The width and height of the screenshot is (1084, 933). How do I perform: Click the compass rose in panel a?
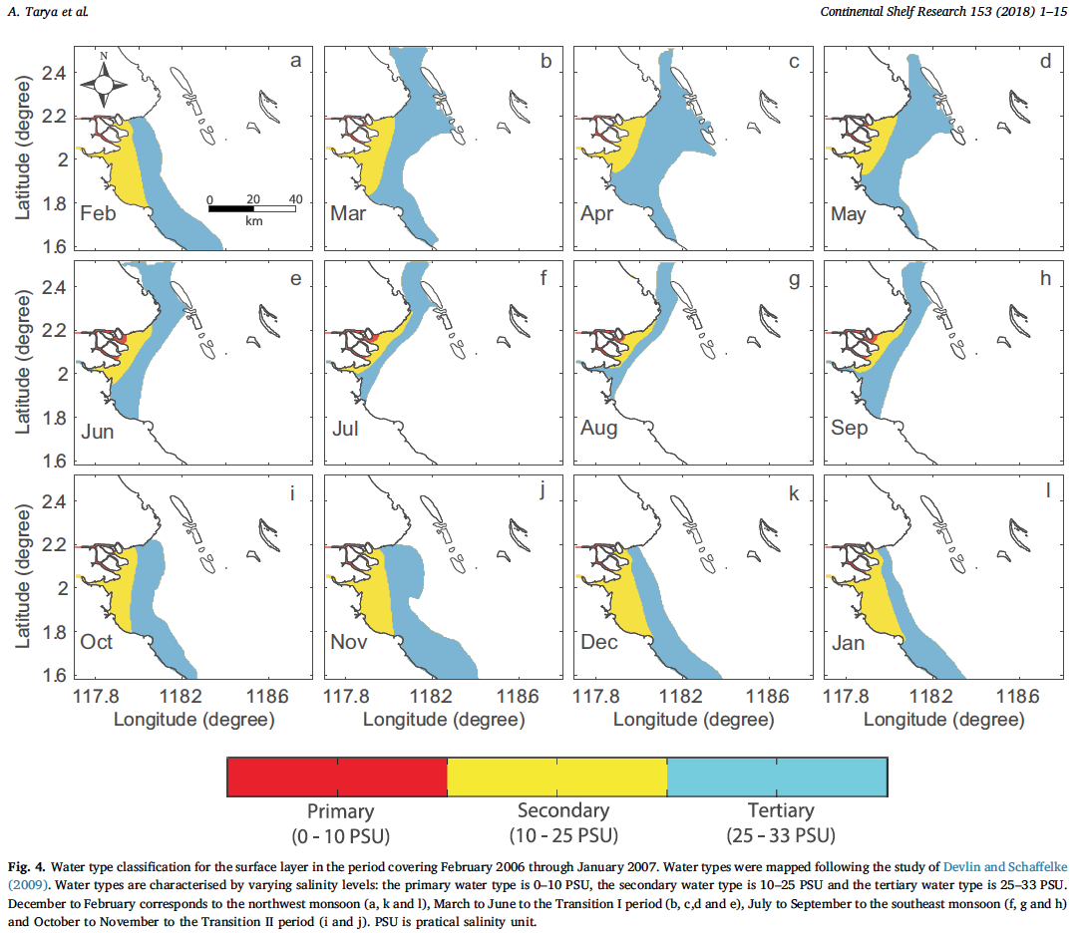click(x=104, y=84)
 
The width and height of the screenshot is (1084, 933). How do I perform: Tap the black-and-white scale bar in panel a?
click(x=251, y=207)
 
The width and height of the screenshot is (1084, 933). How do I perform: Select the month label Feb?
click(x=97, y=213)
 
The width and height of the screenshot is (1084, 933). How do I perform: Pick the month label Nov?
click(x=349, y=642)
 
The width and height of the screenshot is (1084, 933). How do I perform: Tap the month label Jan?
click(x=849, y=642)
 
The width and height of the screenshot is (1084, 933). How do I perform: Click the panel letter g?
click(x=794, y=279)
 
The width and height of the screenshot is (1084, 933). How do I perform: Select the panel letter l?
click(x=1046, y=491)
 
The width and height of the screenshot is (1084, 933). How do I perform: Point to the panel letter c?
click(x=794, y=63)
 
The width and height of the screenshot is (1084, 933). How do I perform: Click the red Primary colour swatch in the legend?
click(x=337, y=777)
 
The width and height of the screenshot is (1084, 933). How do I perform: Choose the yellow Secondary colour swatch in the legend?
click(x=556, y=777)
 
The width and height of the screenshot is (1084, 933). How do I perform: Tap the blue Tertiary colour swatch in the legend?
click(x=777, y=777)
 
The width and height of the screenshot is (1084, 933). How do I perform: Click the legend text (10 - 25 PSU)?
click(x=562, y=834)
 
